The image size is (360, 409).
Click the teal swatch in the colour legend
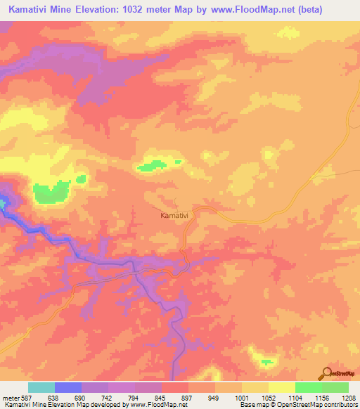(x=41, y=387)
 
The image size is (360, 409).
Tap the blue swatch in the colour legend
(x=68, y=387)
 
